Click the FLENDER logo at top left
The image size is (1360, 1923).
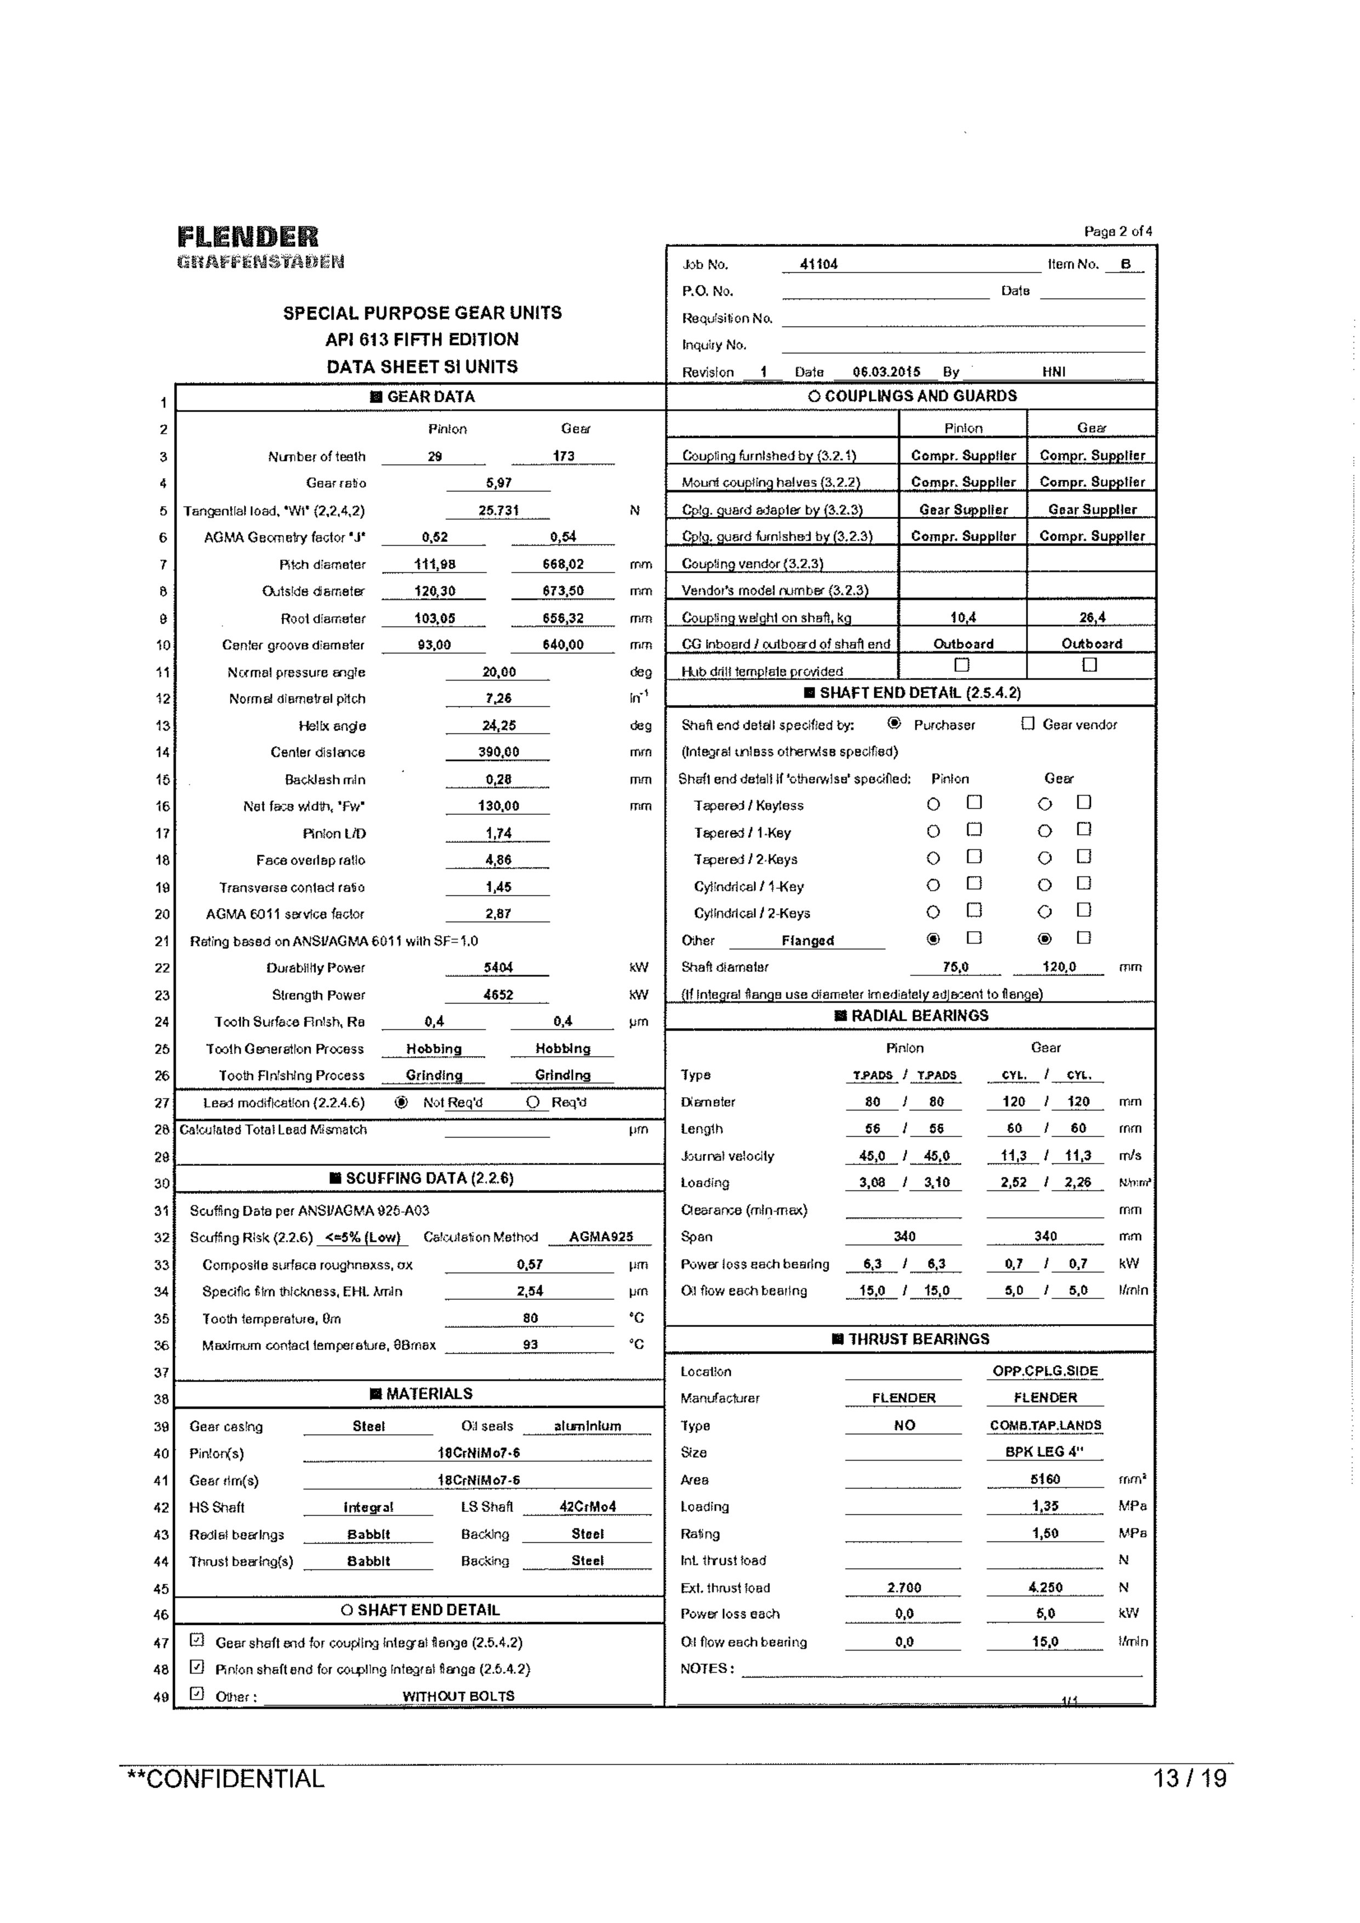(248, 237)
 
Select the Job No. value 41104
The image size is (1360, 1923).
(818, 264)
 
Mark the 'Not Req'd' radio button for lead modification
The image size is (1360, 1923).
(401, 1102)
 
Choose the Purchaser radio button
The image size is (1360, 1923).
(894, 723)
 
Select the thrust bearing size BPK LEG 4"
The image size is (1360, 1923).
(1044, 1452)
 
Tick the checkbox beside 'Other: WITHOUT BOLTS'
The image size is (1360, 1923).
(197, 1693)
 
